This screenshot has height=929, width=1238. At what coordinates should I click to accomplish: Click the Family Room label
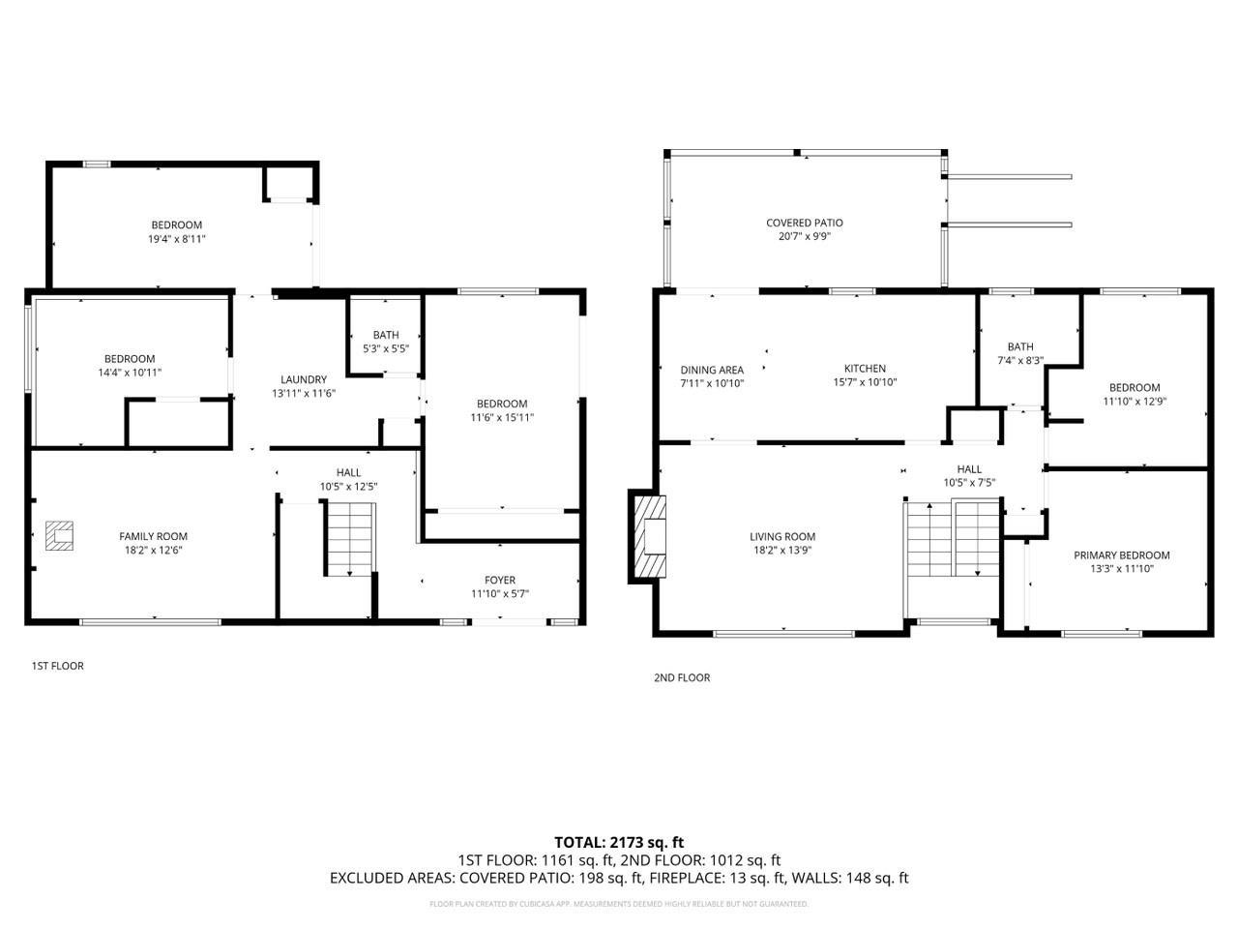pos(153,536)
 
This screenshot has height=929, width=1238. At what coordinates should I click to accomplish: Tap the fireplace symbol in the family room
pos(59,535)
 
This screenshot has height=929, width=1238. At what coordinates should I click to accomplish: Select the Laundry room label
pos(304,379)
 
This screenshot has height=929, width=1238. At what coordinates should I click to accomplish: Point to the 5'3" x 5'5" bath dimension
pos(385,348)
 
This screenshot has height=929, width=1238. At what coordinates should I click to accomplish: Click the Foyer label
pos(500,581)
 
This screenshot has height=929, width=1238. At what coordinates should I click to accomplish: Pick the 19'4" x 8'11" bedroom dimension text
pos(176,238)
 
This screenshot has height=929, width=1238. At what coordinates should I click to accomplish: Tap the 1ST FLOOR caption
pos(58,666)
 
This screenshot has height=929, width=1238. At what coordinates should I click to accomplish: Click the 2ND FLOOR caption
pos(682,677)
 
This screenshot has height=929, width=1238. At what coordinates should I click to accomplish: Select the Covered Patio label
pos(804,223)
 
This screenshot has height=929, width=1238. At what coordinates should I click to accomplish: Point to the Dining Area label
pos(712,370)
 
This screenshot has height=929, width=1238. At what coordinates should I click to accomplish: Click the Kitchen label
pos(865,369)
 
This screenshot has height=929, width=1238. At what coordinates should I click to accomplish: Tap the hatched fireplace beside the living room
pos(649,536)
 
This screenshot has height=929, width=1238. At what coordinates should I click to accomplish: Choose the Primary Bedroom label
pos(1121,555)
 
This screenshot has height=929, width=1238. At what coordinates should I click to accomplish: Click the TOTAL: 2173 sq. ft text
pos(618,842)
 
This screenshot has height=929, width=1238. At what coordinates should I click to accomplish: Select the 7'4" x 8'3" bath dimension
pos(1019,360)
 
